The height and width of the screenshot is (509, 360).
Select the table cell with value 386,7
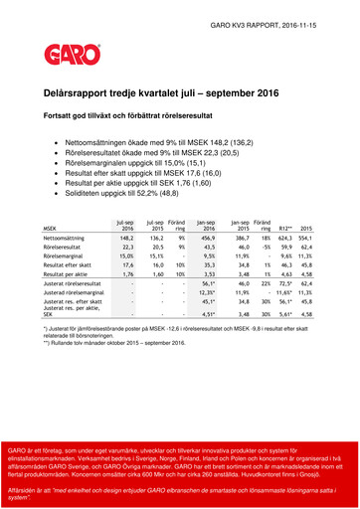[240, 238]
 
